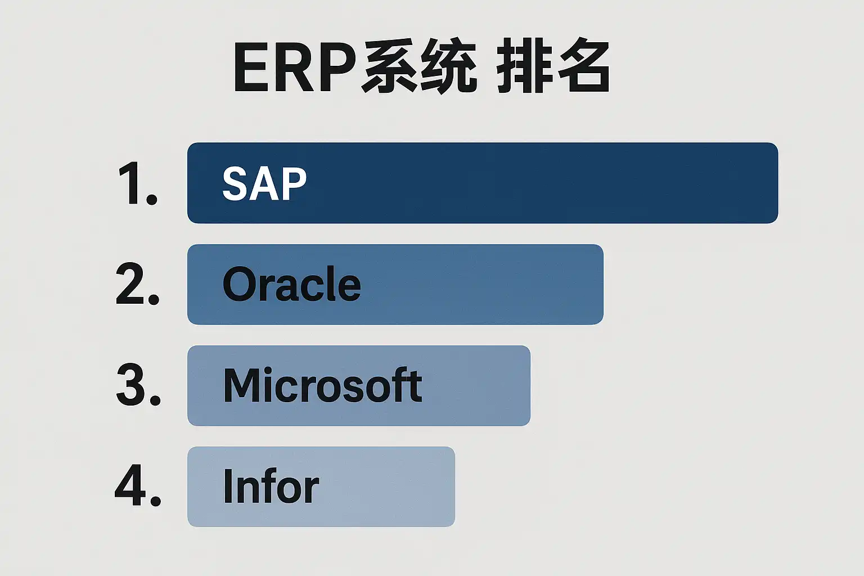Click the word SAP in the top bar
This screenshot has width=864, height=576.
click(264, 183)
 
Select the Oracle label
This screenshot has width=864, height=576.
click(292, 284)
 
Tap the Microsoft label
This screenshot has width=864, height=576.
click(322, 385)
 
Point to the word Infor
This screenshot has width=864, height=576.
click(271, 486)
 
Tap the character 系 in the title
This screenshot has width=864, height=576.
click(390, 66)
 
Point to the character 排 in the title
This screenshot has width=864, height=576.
click(525, 66)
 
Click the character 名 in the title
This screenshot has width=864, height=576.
click(582, 66)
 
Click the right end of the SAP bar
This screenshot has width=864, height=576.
click(777, 183)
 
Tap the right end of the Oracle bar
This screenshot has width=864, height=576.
click(603, 284)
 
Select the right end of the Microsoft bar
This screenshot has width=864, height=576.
click(530, 386)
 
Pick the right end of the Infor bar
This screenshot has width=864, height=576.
click(454, 487)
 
